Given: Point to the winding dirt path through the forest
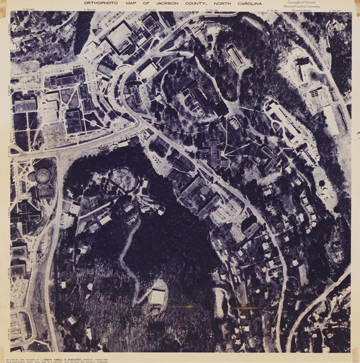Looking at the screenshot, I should click(x=127, y=252).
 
